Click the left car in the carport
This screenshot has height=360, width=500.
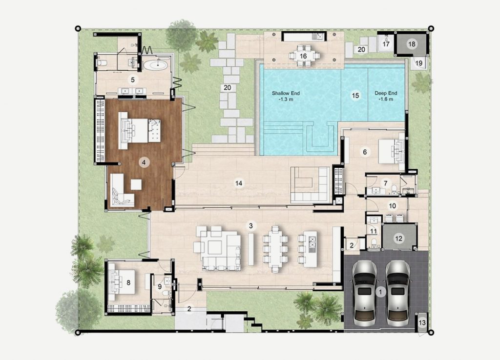point(364,293)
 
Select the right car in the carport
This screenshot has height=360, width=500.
point(397,293)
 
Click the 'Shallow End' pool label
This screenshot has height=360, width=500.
point(286,93)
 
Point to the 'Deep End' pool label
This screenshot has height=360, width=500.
point(386,93)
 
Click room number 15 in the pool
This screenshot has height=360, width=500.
point(355,95)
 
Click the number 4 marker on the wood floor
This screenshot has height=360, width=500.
point(144,162)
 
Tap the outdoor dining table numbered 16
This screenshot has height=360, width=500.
point(303,56)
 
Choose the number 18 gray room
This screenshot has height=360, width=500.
point(411,44)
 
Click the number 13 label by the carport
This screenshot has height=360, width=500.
point(422,323)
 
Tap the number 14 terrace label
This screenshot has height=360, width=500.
point(238,183)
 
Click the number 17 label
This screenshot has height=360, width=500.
point(386,44)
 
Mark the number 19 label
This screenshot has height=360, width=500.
point(418,63)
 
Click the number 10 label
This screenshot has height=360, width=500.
point(392,206)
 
